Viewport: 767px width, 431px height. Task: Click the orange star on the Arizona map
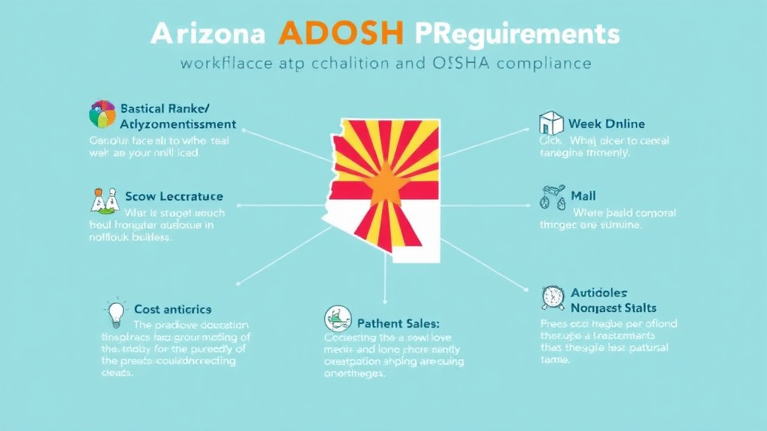[x=386, y=182]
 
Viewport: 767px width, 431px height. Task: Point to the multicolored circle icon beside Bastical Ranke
[x=103, y=114]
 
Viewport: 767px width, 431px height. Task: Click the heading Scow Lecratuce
[x=174, y=196]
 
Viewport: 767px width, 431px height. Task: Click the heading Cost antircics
[x=172, y=309]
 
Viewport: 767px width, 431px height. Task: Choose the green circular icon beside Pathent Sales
[x=336, y=320]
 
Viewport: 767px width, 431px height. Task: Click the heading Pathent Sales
[x=398, y=323]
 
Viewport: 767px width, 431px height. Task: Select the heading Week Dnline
[x=606, y=123]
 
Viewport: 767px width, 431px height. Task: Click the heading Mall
[x=583, y=195]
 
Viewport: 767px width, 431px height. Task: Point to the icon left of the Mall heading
[x=551, y=196]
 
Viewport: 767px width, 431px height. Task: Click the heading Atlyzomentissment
[x=178, y=124]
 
